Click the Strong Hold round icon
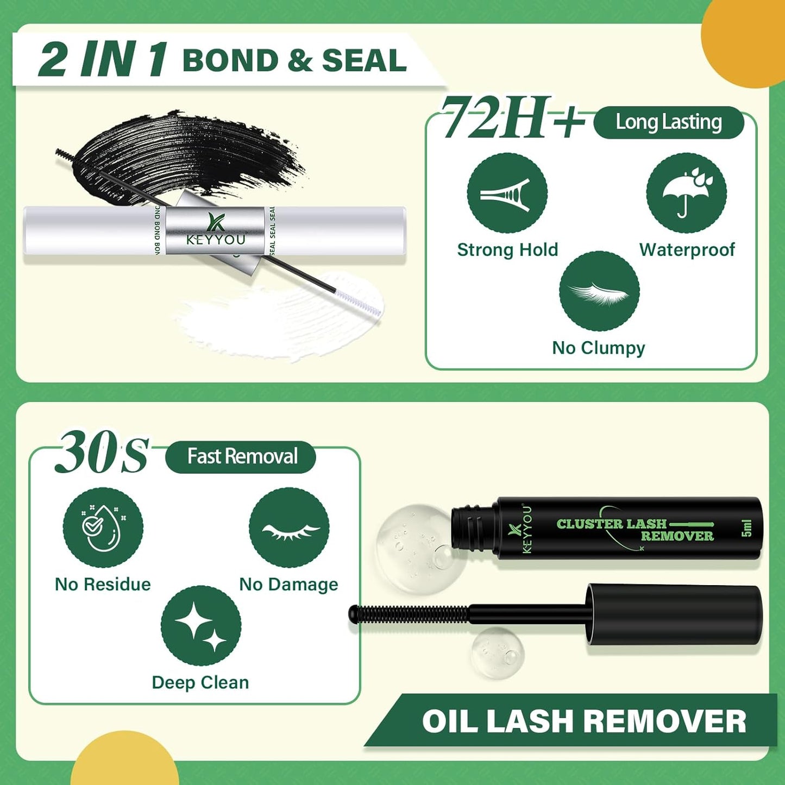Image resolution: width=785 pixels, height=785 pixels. [x=507, y=193]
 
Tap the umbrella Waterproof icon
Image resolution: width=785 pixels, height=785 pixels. [x=686, y=193]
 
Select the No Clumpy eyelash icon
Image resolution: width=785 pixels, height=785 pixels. [x=599, y=291]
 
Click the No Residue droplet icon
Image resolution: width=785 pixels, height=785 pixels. [x=103, y=527]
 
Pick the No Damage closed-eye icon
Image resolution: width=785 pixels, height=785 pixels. [x=289, y=527]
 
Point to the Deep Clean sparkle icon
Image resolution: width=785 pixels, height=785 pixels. [x=201, y=625]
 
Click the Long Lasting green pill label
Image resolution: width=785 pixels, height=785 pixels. [x=669, y=123]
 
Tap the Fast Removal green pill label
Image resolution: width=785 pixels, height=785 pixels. [x=241, y=457]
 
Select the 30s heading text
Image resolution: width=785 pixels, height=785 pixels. [x=102, y=453]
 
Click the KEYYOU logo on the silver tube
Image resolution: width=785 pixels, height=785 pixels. [x=216, y=231]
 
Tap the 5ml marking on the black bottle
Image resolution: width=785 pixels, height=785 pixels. [x=746, y=527]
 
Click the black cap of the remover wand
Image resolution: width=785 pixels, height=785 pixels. [x=674, y=614]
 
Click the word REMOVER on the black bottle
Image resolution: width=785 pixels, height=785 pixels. [x=677, y=536]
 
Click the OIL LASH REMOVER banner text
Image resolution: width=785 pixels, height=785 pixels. [x=584, y=721]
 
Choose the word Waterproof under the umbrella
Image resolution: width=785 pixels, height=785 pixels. [x=687, y=250]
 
